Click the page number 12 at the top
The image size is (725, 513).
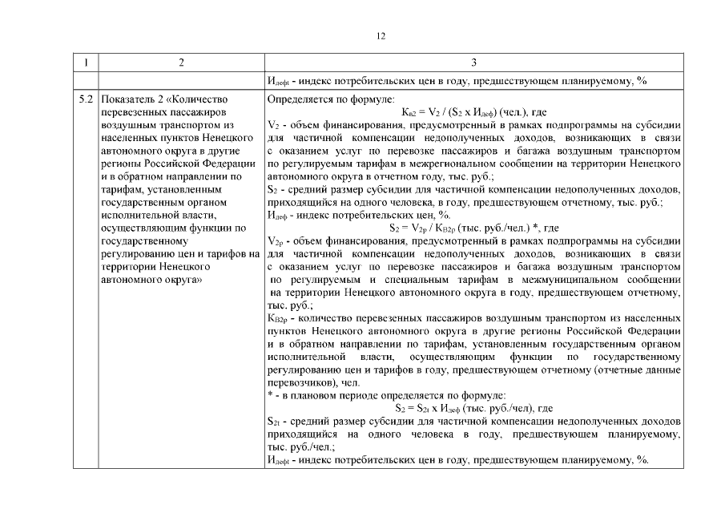pyautogui.click(x=381, y=35)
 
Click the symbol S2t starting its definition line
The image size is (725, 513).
pyautogui.click(x=273, y=421)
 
